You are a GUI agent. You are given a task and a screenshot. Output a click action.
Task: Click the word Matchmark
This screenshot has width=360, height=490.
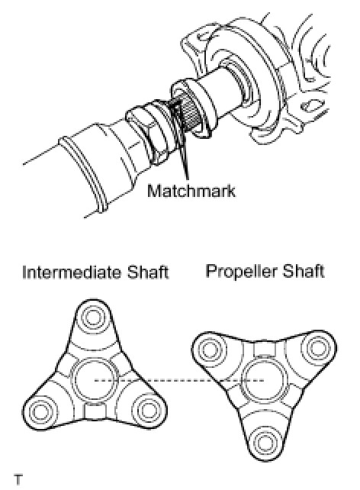pyautogui.click(x=191, y=191)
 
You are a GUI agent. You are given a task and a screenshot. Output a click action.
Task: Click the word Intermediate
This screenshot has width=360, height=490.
pyautogui.click(x=71, y=272)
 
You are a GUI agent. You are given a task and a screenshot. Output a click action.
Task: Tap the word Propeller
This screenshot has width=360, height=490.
pyautogui.click(x=240, y=271)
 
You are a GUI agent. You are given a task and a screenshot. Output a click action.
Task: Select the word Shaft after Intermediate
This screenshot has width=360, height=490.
pyautogui.click(x=147, y=272)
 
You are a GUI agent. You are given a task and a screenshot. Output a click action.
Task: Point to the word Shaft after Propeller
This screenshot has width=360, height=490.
pyautogui.click(x=303, y=271)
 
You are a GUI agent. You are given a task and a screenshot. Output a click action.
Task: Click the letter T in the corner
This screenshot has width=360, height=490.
pyautogui.click(x=18, y=479)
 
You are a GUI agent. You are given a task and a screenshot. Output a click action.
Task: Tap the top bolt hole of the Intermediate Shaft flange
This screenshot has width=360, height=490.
pyautogui.click(x=92, y=318)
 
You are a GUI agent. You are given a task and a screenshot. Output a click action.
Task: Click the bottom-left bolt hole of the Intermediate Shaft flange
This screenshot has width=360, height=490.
pyautogui.click(x=40, y=412)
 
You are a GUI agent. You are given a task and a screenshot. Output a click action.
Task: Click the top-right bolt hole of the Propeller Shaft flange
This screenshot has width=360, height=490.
pyautogui.click(x=317, y=348)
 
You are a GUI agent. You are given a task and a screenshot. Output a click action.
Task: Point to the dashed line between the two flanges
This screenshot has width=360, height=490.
pyautogui.click(x=179, y=380)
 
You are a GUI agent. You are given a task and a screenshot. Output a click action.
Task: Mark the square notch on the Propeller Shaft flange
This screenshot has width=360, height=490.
pyautogui.click(x=265, y=349)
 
